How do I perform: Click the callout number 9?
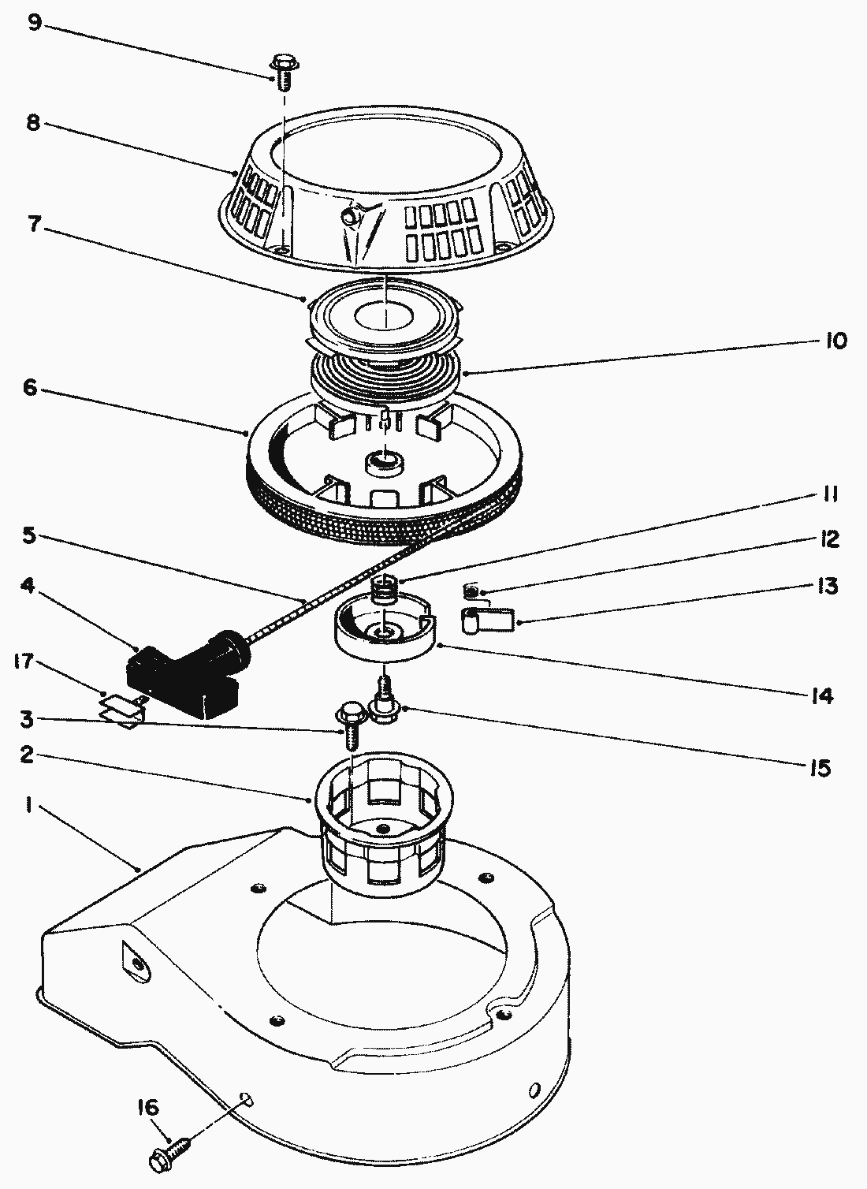coord(34,22)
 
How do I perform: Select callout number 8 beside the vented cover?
coord(33,124)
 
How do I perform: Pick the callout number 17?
coord(24,661)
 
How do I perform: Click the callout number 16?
coord(147,1109)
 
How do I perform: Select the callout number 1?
coord(28,807)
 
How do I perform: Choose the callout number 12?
coord(828,539)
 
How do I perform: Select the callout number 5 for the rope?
coord(28,536)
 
